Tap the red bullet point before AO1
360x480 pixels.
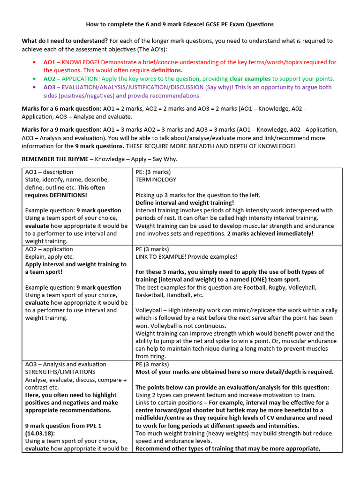[35, 62]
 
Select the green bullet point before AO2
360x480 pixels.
[35, 79]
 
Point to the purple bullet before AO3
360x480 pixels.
[35, 87]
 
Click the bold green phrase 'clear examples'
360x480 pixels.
[250, 79]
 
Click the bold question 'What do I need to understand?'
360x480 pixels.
[65, 41]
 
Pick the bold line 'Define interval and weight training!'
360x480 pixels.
[185, 202]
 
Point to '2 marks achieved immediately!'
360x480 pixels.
[270, 233]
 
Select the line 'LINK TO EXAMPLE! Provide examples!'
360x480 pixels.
[186, 257]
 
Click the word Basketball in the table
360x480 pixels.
[151, 295]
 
